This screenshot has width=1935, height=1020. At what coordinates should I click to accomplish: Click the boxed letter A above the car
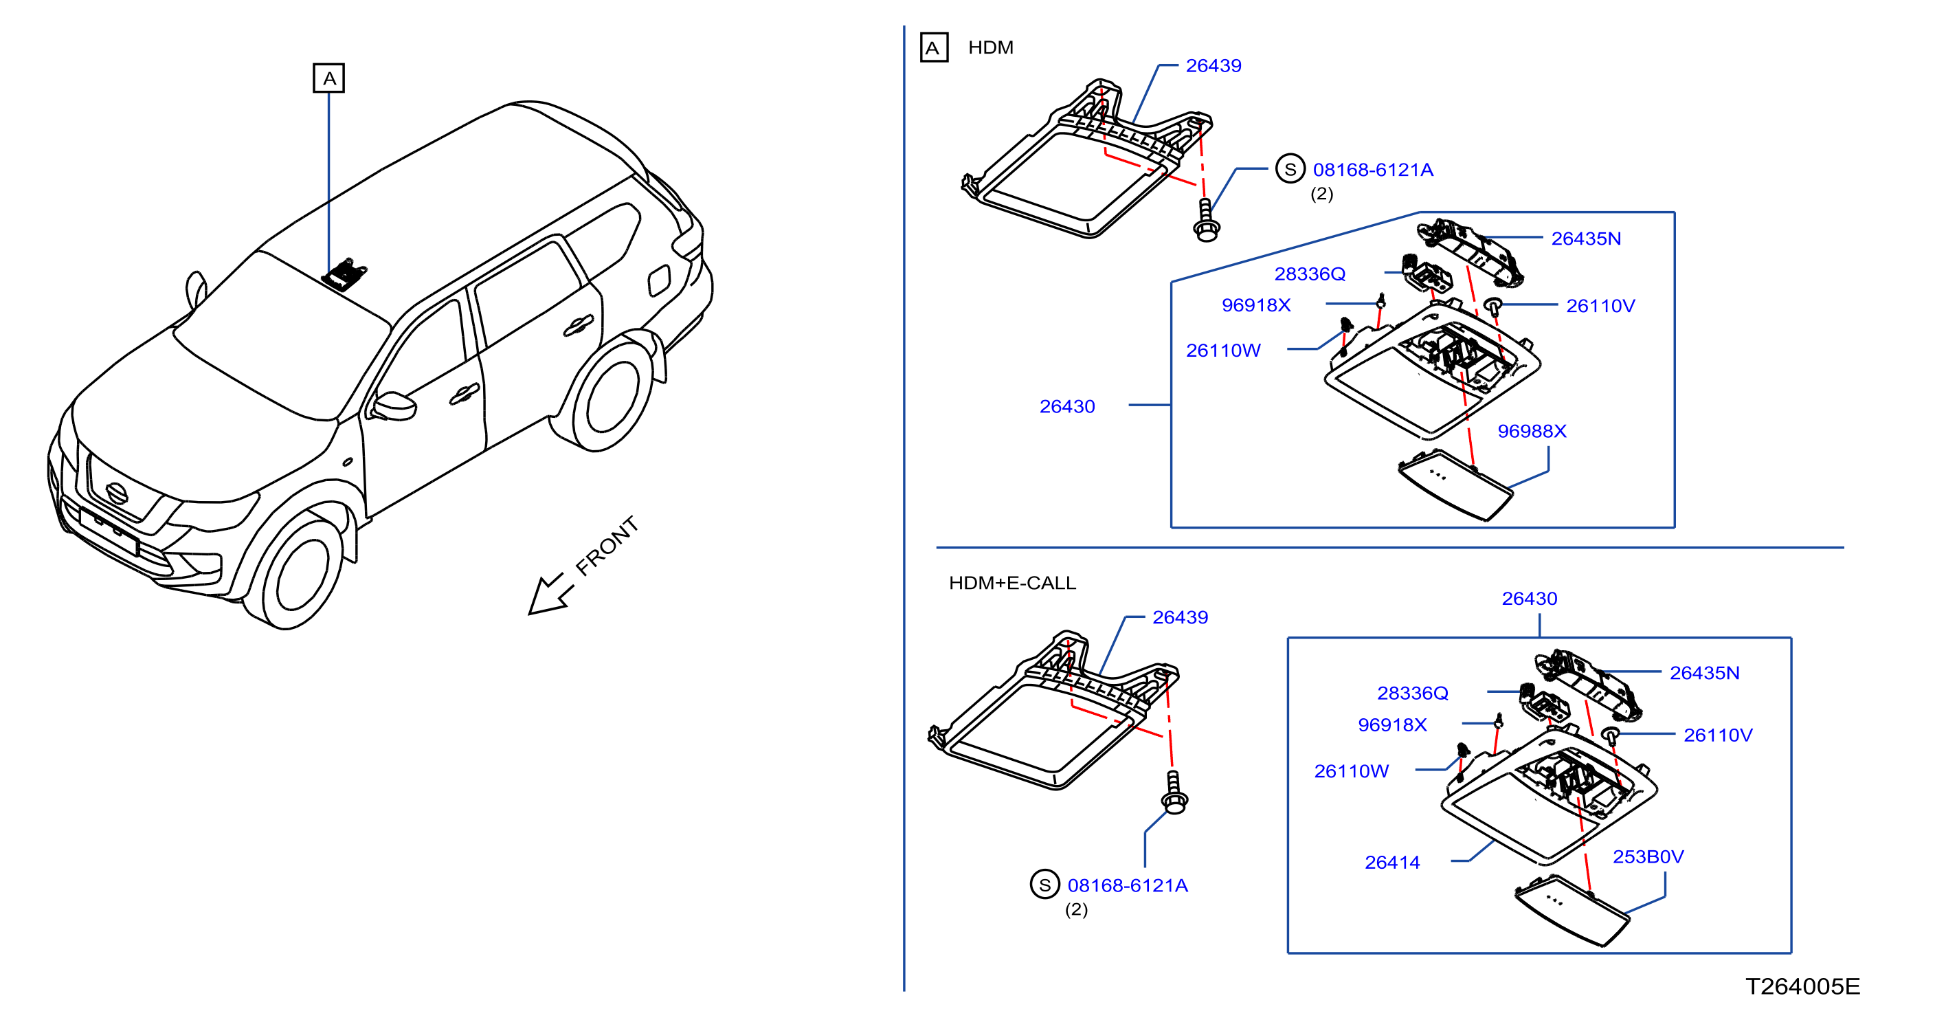click(x=328, y=78)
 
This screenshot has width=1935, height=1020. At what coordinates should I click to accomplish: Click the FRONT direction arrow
click(x=550, y=595)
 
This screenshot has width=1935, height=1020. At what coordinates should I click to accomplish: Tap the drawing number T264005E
click(x=1802, y=986)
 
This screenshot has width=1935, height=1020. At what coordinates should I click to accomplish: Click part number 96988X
click(x=1532, y=431)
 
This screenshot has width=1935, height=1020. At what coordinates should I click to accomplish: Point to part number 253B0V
click(x=1648, y=856)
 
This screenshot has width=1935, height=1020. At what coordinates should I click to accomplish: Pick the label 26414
click(x=1392, y=863)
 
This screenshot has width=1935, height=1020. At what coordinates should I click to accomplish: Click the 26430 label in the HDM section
click(x=1066, y=406)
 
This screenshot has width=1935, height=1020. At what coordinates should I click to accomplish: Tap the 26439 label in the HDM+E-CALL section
click(x=1180, y=617)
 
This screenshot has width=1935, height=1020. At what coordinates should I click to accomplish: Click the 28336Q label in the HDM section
click(x=1309, y=274)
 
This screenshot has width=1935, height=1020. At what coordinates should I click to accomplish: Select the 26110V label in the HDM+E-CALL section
click(x=1718, y=735)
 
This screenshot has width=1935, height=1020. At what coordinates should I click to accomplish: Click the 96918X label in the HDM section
click(x=1256, y=305)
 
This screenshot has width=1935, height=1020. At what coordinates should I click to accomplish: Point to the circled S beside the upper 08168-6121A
click(x=1290, y=169)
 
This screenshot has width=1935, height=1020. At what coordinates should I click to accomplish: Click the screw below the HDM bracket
click(x=1207, y=220)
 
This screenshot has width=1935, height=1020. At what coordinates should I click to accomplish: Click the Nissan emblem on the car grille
click(x=116, y=492)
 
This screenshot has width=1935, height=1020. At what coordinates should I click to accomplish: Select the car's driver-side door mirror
click(x=394, y=406)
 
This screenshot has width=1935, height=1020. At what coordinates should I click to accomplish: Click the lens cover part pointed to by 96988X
click(x=1455, y=485)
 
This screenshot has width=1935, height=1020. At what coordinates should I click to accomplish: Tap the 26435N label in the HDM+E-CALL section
click(x=1704, y=673)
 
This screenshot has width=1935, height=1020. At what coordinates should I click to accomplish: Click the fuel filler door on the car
click(x=659, y=280)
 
